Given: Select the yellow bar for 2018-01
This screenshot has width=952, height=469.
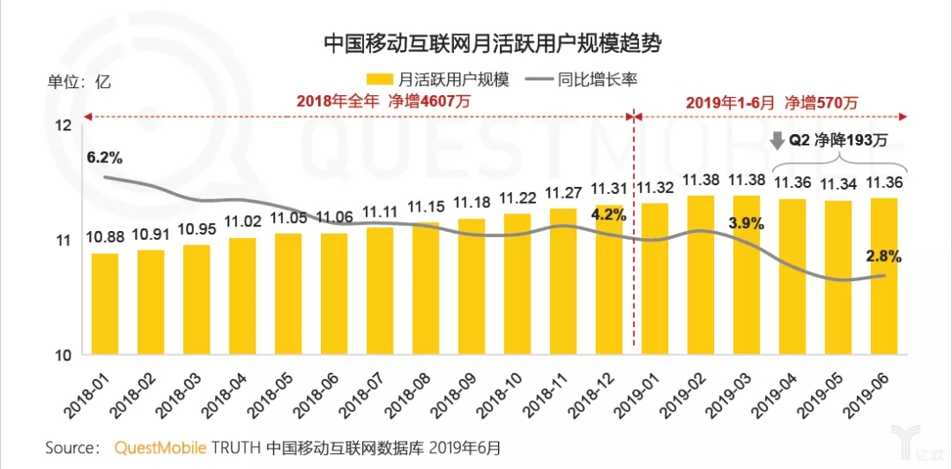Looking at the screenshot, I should click(105, 303).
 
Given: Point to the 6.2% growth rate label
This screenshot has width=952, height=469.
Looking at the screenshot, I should click(104, 158).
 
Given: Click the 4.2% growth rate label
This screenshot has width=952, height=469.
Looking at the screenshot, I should click(608, 213).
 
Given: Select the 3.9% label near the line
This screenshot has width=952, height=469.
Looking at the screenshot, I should click(746, 223).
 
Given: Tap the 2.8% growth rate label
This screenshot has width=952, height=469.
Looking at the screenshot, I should click(882, 257).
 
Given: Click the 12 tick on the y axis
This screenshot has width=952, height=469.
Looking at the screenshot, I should click(63, 126).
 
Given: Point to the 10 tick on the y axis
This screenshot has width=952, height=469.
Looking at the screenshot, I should click(63, 355).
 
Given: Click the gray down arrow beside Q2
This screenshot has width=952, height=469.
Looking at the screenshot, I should click(777, 139).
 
